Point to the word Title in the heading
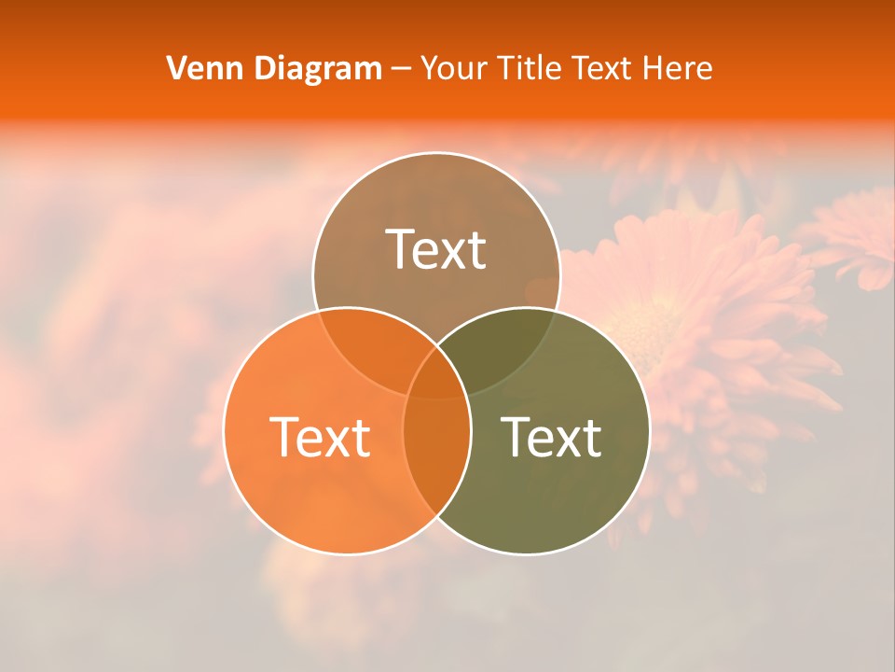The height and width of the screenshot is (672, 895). coord(531,68)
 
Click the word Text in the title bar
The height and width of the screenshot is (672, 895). coord(606,68)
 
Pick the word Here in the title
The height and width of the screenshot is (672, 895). coord(680,68)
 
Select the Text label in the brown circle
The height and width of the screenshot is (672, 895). coord(436,249)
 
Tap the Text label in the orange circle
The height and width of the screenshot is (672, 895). coord(320,436)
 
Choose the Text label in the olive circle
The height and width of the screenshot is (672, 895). coord(552,436)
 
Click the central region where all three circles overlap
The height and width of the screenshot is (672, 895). coord(436,378)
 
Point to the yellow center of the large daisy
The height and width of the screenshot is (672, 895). coord(643,327)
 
